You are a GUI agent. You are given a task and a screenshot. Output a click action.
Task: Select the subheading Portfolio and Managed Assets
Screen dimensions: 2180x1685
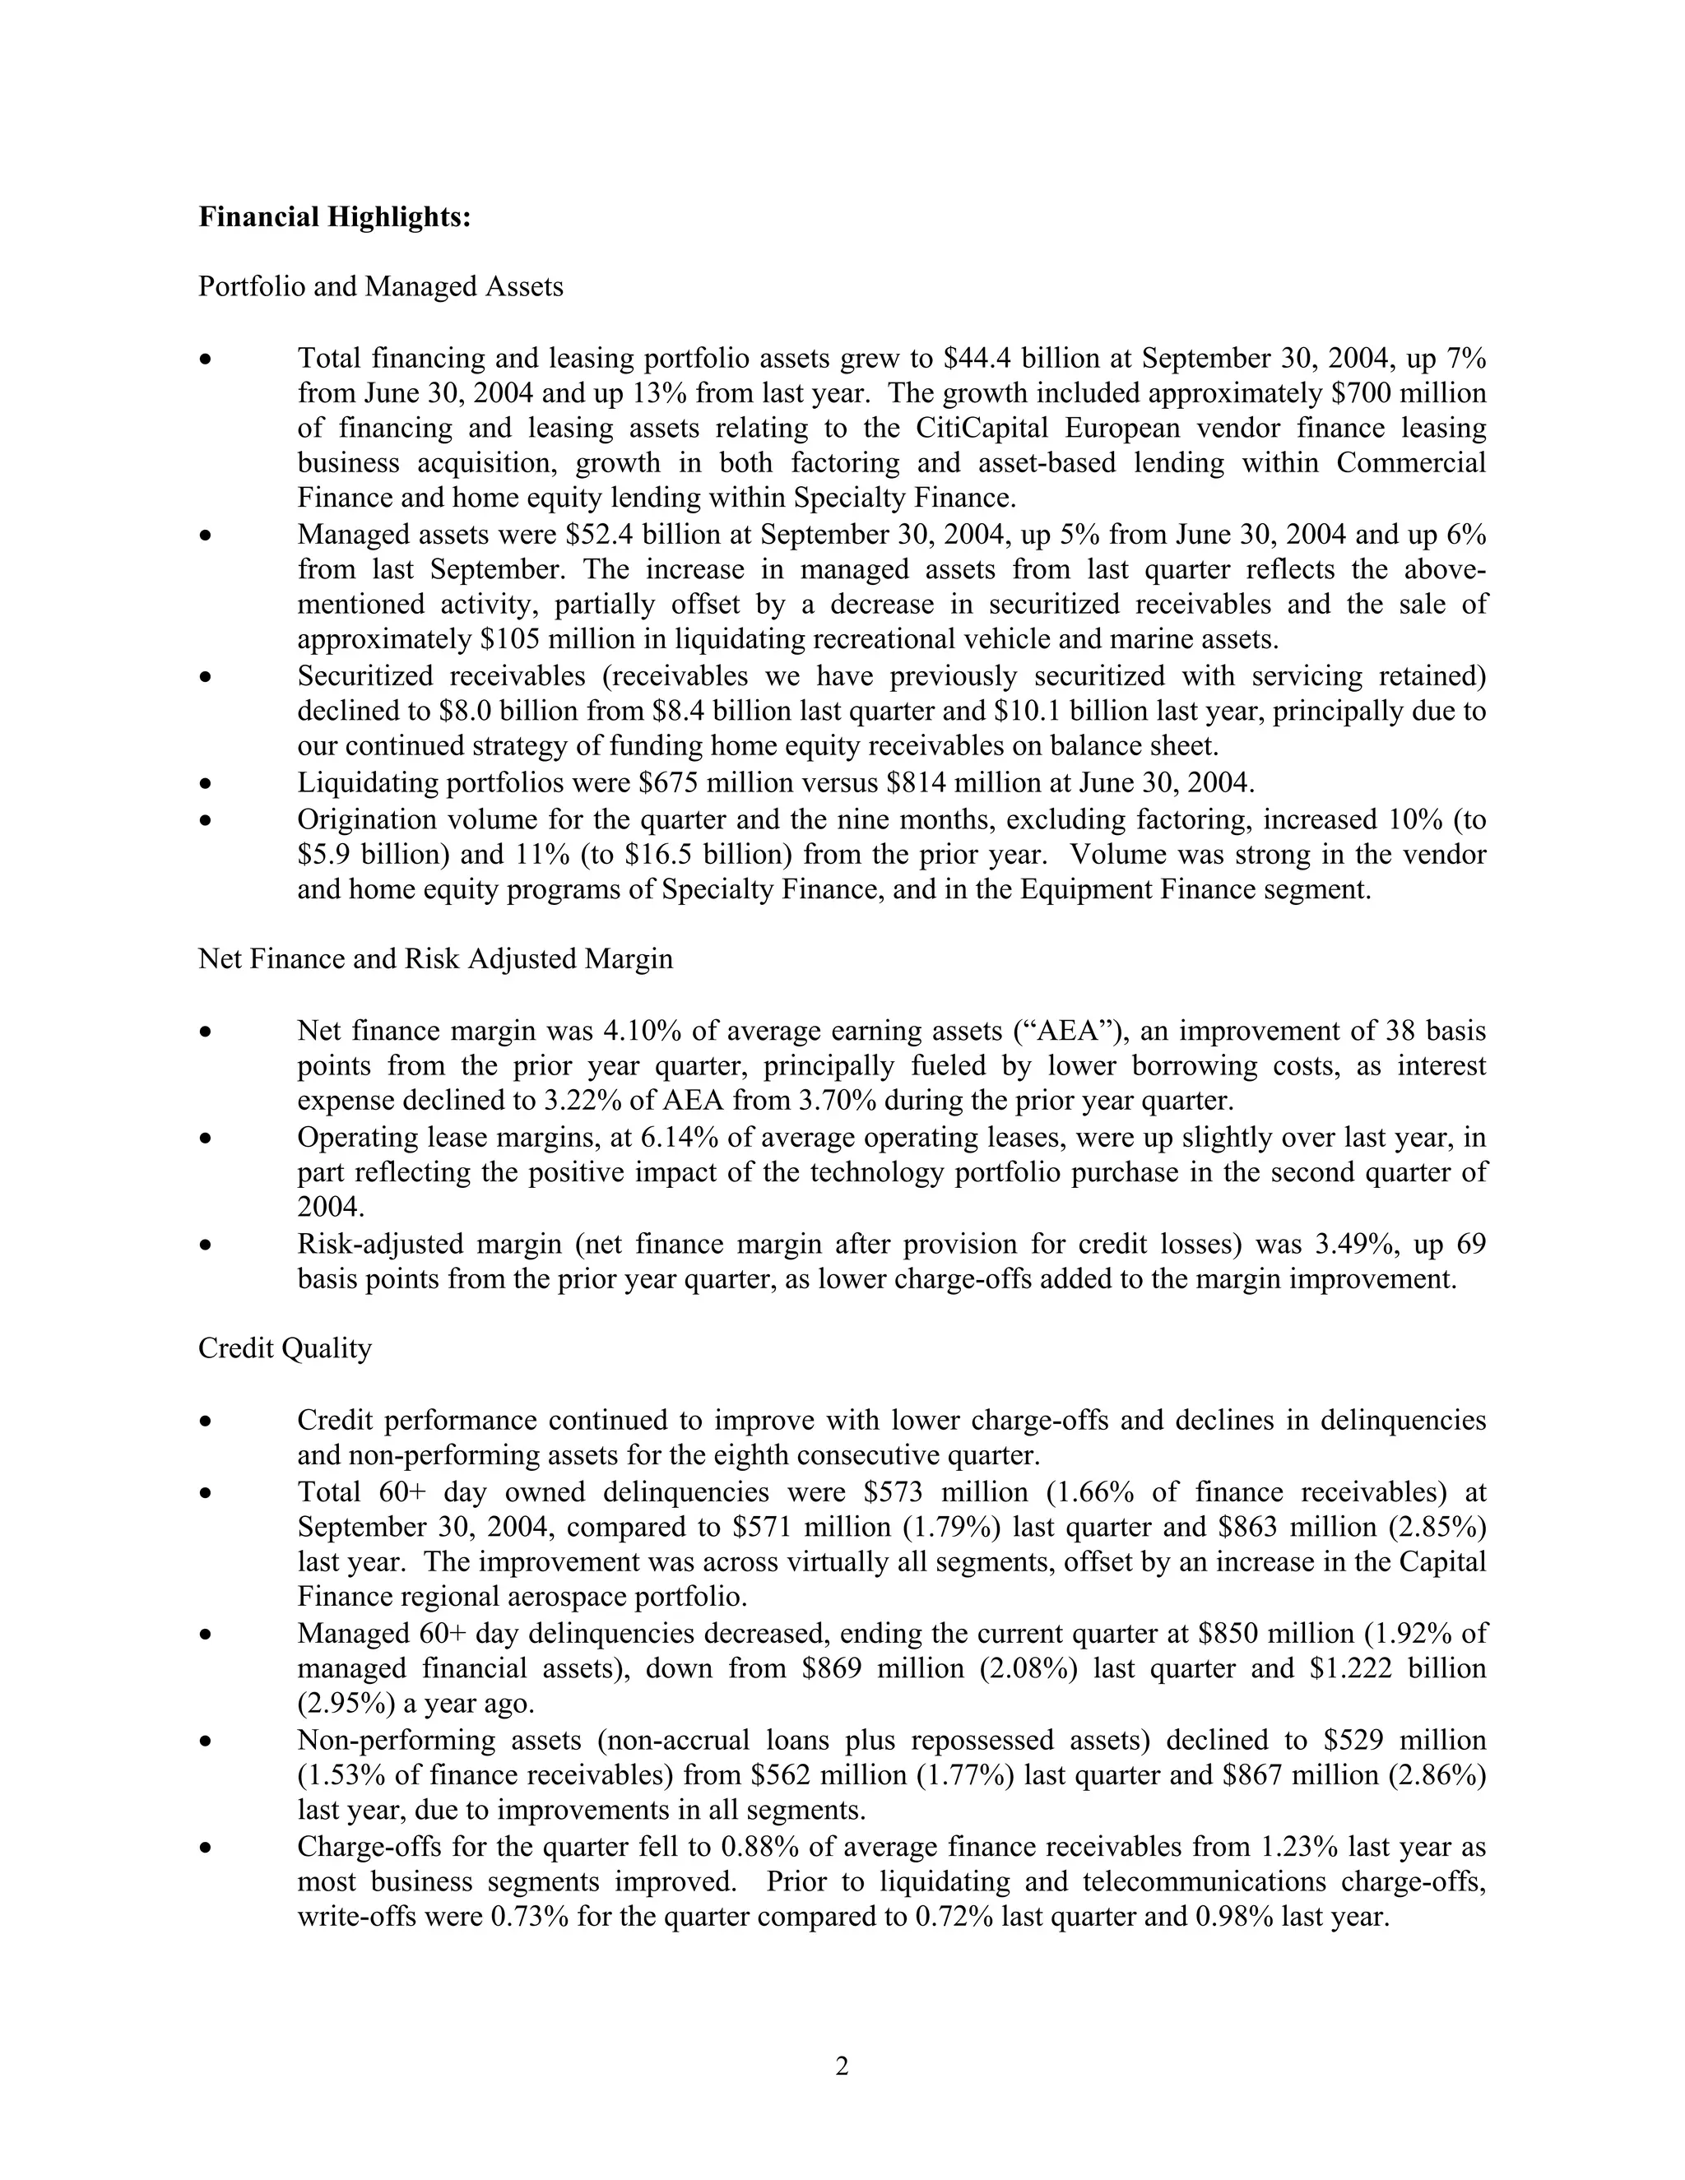coord(380,286)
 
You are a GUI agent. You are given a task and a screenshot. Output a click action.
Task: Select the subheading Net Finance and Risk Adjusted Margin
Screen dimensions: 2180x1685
coord(435,958)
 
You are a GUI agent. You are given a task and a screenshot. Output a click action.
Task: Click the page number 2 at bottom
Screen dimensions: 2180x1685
coord(842,2066)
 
